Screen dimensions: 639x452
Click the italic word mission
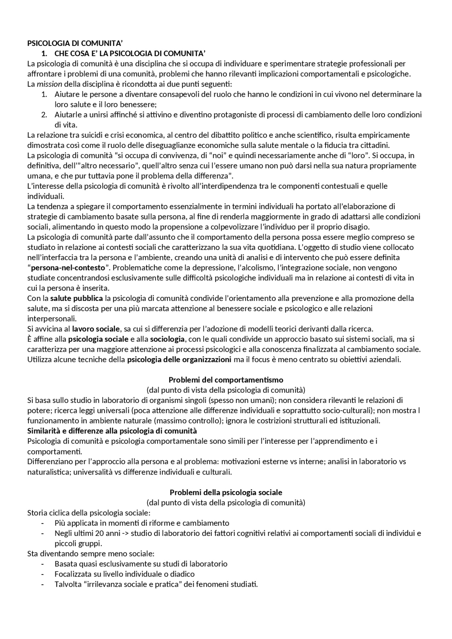click(x=49, y=84)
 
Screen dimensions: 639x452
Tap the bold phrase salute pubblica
click(x=77, y=298)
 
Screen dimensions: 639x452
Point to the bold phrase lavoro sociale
click(x=96, y=329)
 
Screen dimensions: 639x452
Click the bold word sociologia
click(x=167, y=339)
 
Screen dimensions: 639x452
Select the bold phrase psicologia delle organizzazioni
click(x=179, y=360)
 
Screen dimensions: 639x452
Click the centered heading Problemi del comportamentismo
click(x=226, y=380)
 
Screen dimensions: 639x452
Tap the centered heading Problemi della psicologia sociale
click(x=226, y=492)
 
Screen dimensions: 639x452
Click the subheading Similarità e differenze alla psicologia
click(x=112, y=431)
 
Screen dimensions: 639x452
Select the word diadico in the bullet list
click(x=182, y=574)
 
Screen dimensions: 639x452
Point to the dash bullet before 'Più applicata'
click(x=43, y=523)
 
